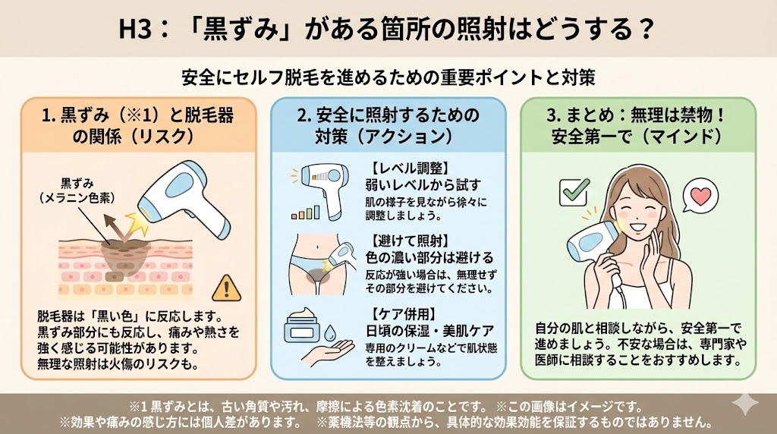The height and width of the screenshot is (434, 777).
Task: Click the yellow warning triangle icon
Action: coord(226,288)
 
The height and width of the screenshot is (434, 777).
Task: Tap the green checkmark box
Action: coord(574,192)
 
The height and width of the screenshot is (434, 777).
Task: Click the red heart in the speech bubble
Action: coord(700,197)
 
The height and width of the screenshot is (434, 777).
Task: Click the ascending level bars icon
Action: coord(305,212)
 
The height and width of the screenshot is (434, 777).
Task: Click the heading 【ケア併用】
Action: coord(401,314)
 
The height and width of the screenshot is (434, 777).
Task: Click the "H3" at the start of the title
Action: coord(134,30)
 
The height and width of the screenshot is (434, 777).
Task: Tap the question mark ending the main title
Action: coord(645,30)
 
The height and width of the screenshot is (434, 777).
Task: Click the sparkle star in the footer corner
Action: coord(745,404)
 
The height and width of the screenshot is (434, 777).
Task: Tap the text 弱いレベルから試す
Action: coord(423,185)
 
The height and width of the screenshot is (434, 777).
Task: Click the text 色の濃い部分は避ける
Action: coord(429,258)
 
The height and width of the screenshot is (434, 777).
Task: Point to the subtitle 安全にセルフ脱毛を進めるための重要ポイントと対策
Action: coord(388,77)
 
